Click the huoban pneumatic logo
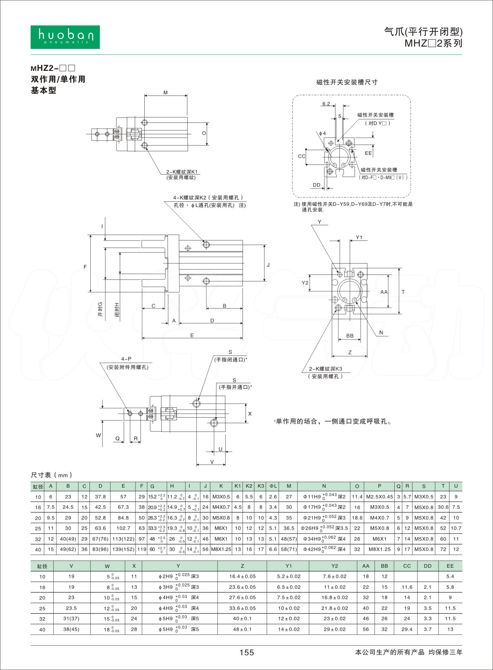pyautogui.click(x=65, y=37)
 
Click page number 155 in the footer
pyautogui.click(x=246, y=652)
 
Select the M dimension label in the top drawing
pyautogui.click(x=165, y=93)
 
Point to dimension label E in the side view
pyautogui.click(x=192, y=335)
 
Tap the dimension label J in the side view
pyautogui.click(x=268, y=265)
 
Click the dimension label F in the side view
pyautogui.click(x=85, y=267)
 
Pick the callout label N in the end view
pyautogui.click(x=381, y=333)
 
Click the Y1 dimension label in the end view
pyautogui.click(x=359, y=237)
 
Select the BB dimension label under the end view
pyautogui.click(x=350, y=336)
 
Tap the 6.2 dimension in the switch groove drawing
pyautogui.click(x=326, y=104)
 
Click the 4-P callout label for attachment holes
pyautogui.click(x=126, y=359)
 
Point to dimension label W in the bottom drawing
pyautogui.click(x=98, y=435)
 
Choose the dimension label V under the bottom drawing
pyautogui.click(x=212, y=462)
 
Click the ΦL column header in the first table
pyautogui.click(x=273, y=486)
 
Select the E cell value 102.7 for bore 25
pyautogui.click(x=123, y=528)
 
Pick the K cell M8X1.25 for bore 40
pyautogui.click(x=221, y=549)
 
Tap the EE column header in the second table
pyautogui.click(x=450, y=566)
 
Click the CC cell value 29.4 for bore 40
pyautogui.click(x=407, y=629)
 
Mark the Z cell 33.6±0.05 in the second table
pyautogui.click(x=242, y=608)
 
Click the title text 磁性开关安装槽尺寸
pyautogui.click(x=347, y=82)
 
